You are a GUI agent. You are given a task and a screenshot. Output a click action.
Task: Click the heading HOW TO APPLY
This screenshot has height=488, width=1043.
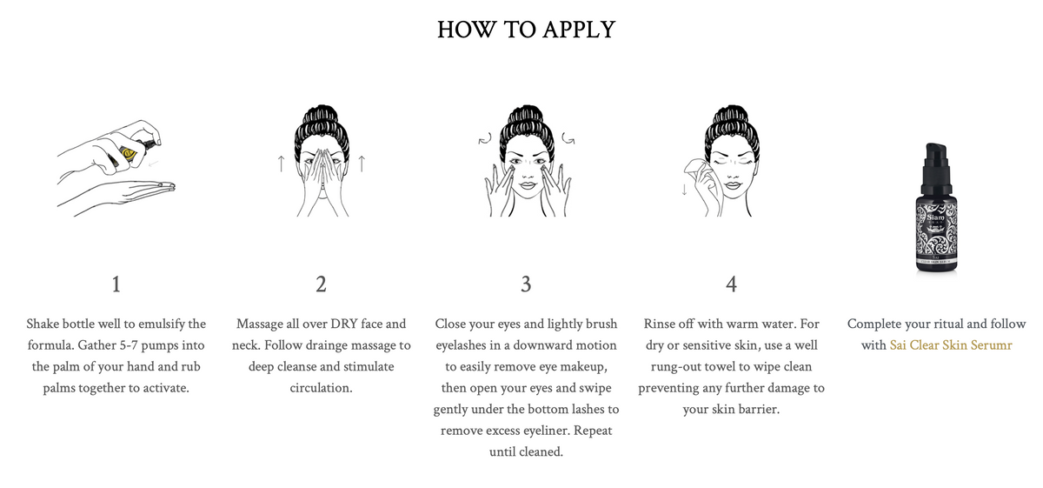click(526, 30)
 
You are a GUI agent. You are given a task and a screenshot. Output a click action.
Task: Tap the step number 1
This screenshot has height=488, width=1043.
click(116, 284)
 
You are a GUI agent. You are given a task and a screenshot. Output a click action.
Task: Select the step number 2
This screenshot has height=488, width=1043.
click(321, 284)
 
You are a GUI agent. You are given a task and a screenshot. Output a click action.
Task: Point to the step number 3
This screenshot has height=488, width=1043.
click(526, 284)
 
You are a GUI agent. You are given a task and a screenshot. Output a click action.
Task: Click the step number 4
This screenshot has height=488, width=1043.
click(731, 284)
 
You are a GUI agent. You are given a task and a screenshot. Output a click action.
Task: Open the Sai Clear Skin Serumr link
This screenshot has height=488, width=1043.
click(951, 345)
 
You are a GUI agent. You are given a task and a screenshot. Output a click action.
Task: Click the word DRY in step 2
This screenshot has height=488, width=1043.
click(343, 324)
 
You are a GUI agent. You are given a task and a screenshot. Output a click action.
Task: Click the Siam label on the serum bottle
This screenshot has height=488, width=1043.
click(935, 217)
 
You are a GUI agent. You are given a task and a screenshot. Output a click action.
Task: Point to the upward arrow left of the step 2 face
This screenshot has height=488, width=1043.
click(281, 164)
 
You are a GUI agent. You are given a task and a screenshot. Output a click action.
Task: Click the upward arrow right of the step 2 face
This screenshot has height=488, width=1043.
click(362, 164)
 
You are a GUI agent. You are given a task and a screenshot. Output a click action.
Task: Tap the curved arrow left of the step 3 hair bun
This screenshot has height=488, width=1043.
click(485, 139)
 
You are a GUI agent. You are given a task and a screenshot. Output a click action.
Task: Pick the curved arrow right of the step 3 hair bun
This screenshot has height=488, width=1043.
click(568, 138)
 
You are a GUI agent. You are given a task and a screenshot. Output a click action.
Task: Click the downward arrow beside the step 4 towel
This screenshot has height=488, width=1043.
click(684, 190)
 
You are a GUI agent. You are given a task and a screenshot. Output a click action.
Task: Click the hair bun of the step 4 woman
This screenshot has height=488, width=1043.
click(732, 119)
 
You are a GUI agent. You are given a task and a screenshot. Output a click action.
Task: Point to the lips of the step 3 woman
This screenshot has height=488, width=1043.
click(527, 185)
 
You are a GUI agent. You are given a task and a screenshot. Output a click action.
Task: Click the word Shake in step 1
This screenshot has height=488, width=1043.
click(43, 324)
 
